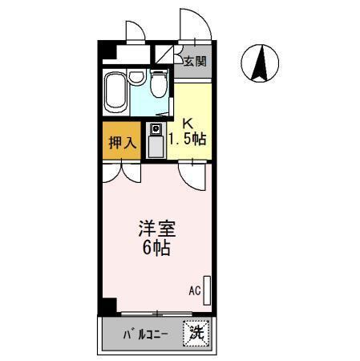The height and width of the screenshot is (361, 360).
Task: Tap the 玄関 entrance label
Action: pyautogui.click(x=193, y=61)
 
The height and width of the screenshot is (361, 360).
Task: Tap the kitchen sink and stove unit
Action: pyautogui.click(x=156, y=141)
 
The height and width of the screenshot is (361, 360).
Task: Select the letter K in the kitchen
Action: pyautogui.click(x=188, y=124)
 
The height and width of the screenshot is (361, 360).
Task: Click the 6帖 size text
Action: pyautogui.click(x=156, y=248)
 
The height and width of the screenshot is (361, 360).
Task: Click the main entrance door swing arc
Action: pyautogui.click(x=196, y=24)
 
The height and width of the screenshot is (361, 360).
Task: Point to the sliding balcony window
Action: pyautogui.click(x=157, y=312)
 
